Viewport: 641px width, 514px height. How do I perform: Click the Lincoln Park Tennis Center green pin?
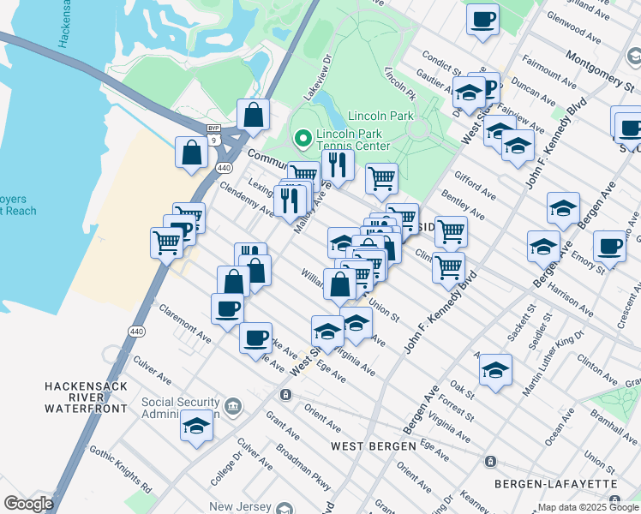(302, 137)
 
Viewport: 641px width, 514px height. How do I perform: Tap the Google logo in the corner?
(28, 504)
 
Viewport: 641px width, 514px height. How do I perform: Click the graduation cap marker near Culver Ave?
(196, 425)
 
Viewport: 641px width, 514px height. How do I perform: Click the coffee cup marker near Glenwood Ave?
(483, 18)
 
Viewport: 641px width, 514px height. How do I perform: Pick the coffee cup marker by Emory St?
(609, 246)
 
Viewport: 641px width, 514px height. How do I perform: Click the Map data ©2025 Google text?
(588, 507)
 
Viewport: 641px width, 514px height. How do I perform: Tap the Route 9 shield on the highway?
(212, 138)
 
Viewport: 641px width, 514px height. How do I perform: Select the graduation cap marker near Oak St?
(495, 369)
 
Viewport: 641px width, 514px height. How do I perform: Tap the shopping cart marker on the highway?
(166, 242)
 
